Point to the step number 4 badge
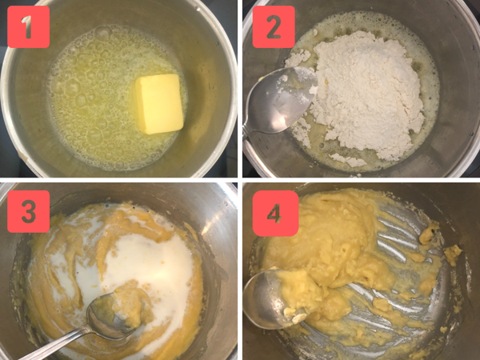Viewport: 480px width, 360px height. pyautogui.click(x=274, y=213)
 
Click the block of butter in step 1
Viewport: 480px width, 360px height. pyautogui.click(x=160, y=102)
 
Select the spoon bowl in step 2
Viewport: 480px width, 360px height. pyautogui.click(x=276, y=104)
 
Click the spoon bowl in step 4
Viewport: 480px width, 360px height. pyautogui.click(x=268, y=300)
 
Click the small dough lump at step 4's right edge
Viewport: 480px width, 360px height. pyautogui.click(x=454, y=254)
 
